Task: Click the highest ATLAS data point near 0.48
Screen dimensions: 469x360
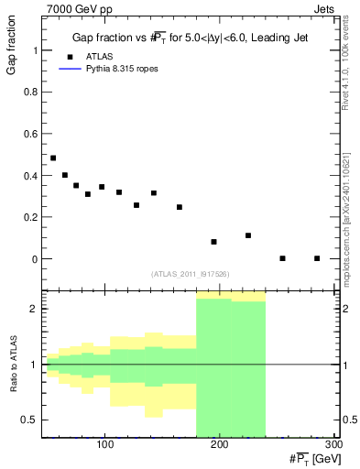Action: pos(53,158)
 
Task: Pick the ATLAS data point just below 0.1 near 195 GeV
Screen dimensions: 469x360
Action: pos(213,242)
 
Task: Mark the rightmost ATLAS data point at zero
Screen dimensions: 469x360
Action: pos(317,258)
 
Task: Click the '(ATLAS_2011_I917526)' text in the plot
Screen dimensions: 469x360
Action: pos(191,274)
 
